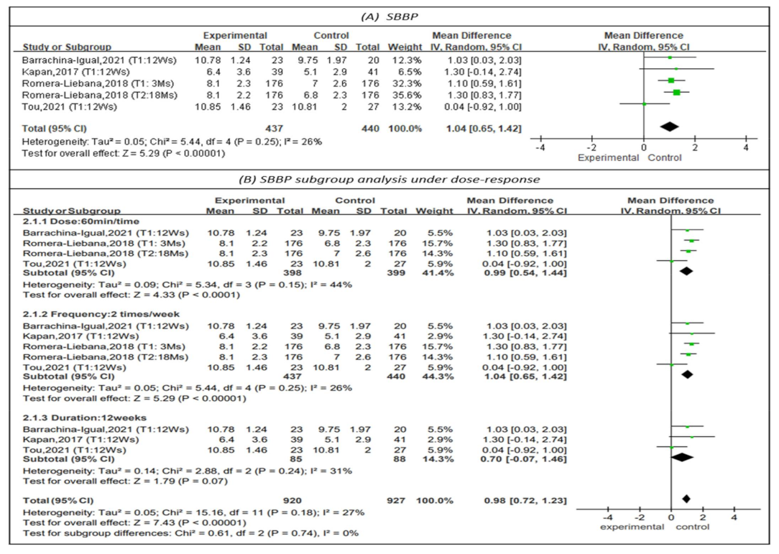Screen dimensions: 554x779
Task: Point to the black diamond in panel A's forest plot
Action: click(669, 127)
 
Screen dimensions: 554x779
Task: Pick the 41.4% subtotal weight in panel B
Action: click(438, 274)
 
